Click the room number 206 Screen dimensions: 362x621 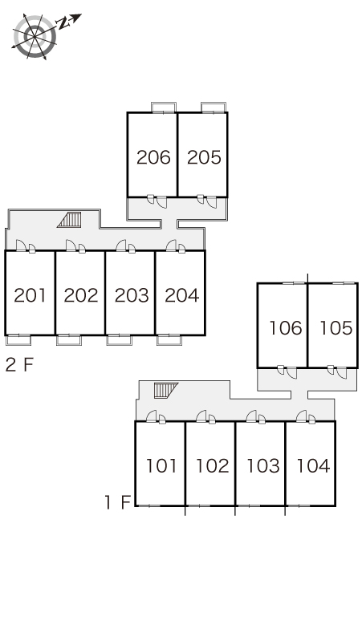tap(153, 157)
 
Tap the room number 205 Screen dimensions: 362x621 tap(204, 157)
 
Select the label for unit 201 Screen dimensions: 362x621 tap(30, 295)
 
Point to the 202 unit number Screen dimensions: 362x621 tap(81, 295)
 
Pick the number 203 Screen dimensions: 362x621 tap(132, 295)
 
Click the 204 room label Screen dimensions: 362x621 tap(181, 295)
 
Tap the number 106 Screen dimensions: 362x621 tap(285, 328)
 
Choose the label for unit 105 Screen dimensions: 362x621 tap(336, 328)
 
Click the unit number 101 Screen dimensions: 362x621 tap(161, 465)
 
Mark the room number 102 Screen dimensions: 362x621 tap(213, 465)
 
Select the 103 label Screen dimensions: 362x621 tap(263, 465)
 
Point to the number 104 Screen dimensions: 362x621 tap(313, 465)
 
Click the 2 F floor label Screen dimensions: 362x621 tap(19, 365)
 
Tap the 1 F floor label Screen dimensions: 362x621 tap(118, 502)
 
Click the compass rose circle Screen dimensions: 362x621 tap(35, 36)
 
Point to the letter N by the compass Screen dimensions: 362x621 tap(63, 23)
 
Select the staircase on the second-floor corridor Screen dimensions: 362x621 tap(69, 220)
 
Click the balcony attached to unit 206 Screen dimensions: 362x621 tap(164, 108)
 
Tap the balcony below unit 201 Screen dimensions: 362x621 tap(18, 340)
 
